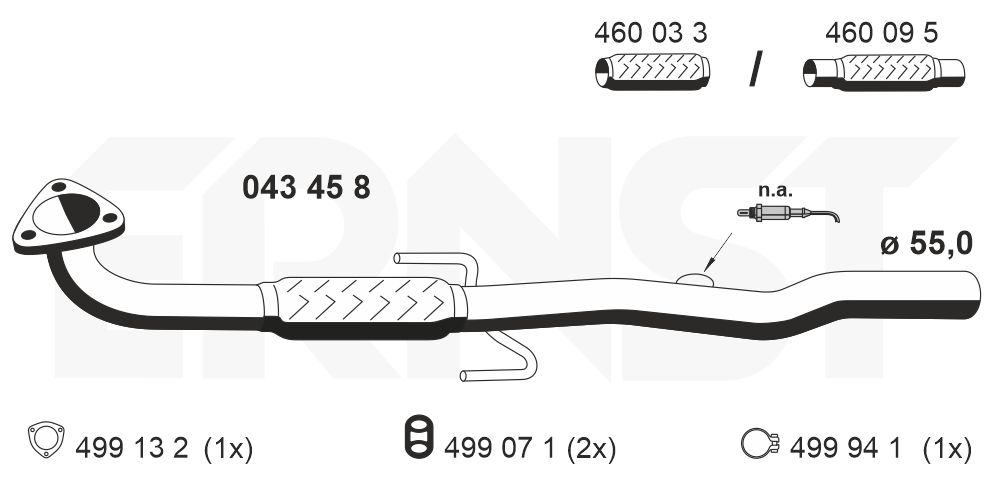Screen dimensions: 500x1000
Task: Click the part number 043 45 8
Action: (307, 187)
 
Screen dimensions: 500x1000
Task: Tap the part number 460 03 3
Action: (651, 32)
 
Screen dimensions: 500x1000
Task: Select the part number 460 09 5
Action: (881, 32)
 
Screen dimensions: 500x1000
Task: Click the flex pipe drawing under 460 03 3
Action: (652, 73)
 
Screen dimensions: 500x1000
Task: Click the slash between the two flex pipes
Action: (757, 70)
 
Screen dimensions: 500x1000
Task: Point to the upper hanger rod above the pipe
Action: (440, 265)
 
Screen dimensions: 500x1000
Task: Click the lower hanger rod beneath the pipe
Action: (500, 362)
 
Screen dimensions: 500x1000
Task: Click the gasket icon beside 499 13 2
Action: (45, 440)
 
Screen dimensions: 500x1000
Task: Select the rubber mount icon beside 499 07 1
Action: (418, 441)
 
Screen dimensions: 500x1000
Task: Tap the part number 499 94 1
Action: (847, 449)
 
